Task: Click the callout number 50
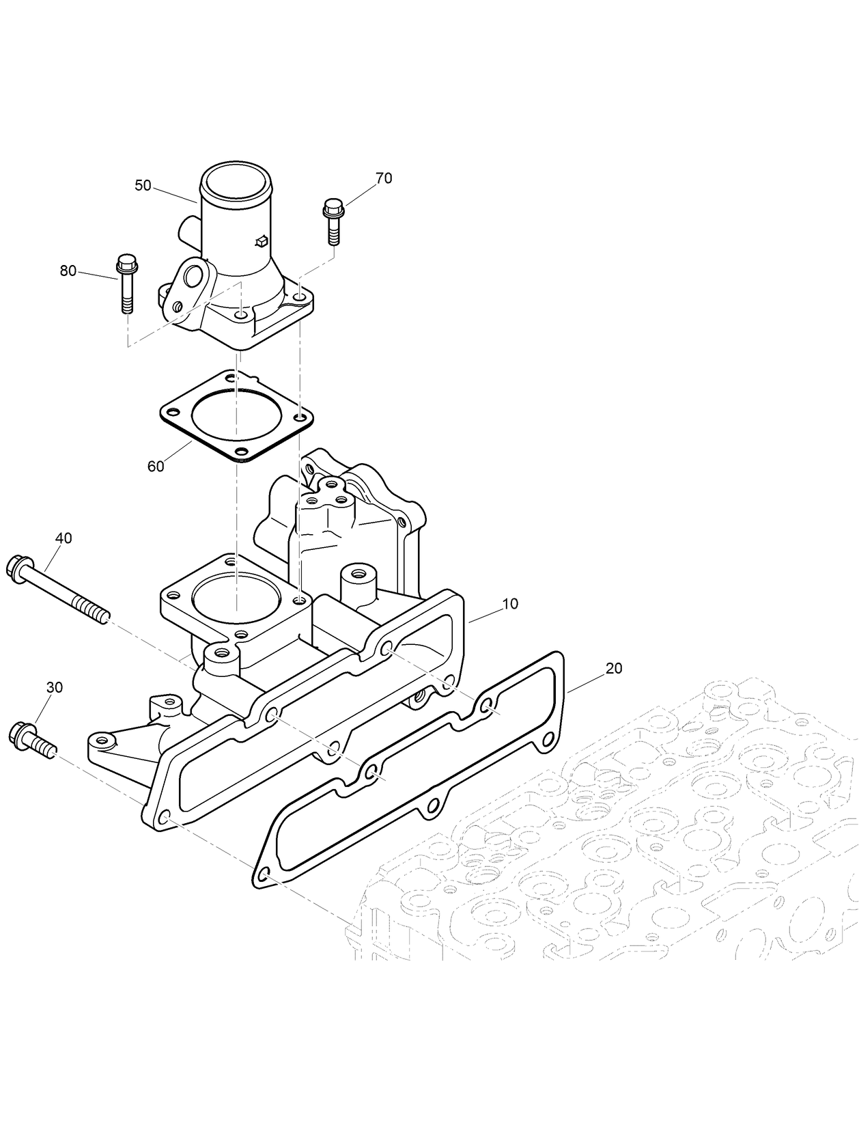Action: pos(143,185)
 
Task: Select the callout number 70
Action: pos(384,178)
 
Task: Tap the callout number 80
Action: pos(68,271)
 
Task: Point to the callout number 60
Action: pos(156,466)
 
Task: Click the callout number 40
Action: pos(64,538)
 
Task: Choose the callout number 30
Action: pos(54,687)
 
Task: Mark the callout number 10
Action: pos(510,604)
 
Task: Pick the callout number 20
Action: pos(614,668)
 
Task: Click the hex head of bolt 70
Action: pos(333,206)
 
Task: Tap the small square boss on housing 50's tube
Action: pos(260,240)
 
